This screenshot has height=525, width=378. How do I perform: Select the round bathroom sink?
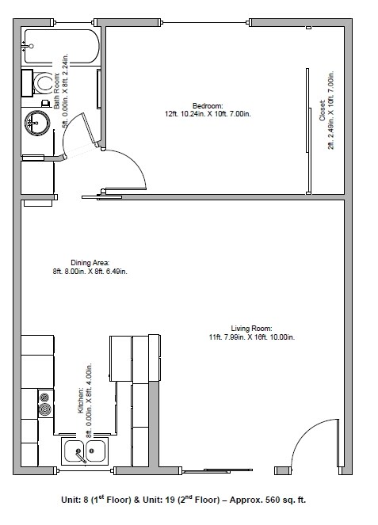[x=36, y=121]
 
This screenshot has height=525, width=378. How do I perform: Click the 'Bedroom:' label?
[x=208, y=105]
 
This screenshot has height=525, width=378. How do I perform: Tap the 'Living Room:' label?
[x=251, y=328]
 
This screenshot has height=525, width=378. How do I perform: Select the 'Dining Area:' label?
[x=89, y=262]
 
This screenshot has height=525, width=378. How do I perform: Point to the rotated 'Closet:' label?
[x=322, y=110]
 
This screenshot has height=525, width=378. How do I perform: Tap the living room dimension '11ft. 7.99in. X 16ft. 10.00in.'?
[x=251, y=337]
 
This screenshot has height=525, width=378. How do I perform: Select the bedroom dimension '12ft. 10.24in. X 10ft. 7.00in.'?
[x=208, y=113]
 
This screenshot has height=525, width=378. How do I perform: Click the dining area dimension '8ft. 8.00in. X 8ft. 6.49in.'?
[x=89, y=272]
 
